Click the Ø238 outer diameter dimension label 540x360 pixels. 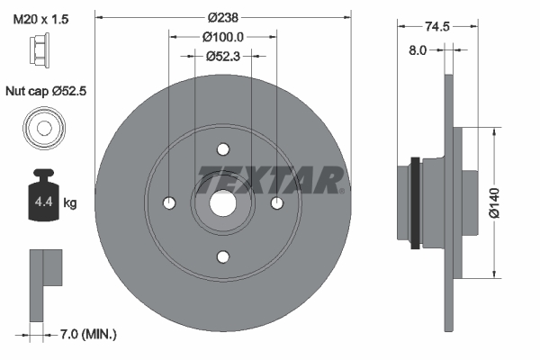pyautogui.click(x=221, y=17)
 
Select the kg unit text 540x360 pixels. pyautogui.click(x=70, y=203)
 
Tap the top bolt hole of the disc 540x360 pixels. pyautogui.click(x=223, y=150)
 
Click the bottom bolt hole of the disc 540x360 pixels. pyautogui.click(x=223, y=256)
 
